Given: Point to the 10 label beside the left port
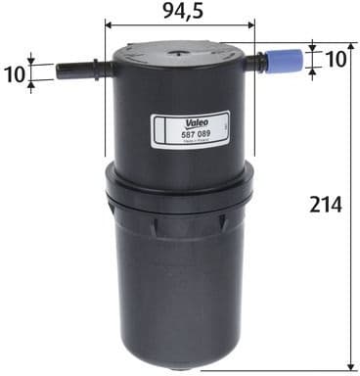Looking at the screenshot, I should (14, 71).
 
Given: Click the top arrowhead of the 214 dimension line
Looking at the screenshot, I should (350, 47).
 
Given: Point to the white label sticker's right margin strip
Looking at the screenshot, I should (223, 130).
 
